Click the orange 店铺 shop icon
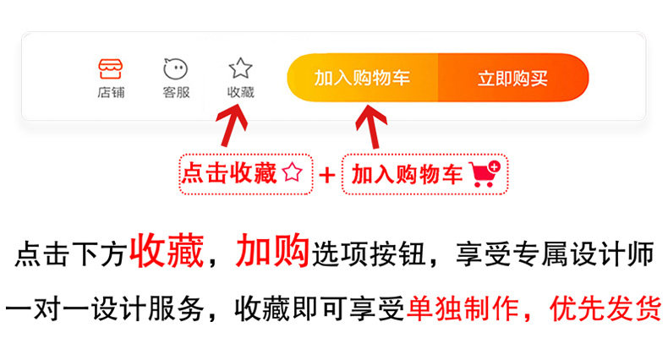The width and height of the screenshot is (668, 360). click(x=110, y=68)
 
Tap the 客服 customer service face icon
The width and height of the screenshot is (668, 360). click(x=176, y=68)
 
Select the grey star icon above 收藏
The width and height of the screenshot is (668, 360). click(x=241, y=68)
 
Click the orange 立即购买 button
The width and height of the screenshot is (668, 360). click(x=512, y=79)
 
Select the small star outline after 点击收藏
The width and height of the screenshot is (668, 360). click(x=293, y=173)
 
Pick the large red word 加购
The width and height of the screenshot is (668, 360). click(x=272, y=252)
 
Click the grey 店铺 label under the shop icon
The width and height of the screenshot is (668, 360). click(x=110, y=93)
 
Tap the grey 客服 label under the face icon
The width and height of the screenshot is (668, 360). click(x=176, y=93)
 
